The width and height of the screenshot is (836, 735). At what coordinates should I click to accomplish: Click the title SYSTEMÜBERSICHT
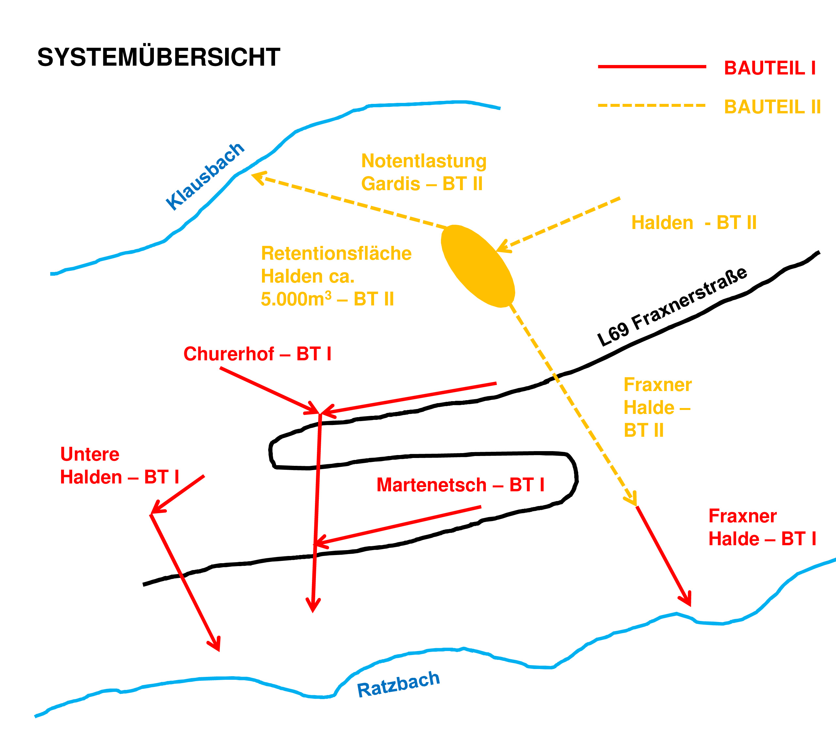(x=159, y=57)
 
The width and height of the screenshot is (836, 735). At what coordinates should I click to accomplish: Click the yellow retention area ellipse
(x=478, y=266)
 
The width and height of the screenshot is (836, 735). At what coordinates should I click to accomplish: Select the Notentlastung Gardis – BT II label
(x=424, y=172)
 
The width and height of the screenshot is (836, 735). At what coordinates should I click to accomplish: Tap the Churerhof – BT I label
(x=257, y=354)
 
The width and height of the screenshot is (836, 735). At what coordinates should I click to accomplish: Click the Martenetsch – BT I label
(x=460, y=485)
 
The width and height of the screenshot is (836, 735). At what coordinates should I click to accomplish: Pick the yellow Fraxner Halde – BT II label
(x=657, y=407)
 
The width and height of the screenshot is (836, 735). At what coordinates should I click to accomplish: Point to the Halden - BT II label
(x=694, y=223)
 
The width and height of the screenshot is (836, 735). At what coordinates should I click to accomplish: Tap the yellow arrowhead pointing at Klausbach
(x=258, y=177)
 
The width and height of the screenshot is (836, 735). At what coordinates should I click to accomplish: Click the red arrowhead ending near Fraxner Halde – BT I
(x=686, y=599)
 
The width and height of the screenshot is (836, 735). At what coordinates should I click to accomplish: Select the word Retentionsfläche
(x=336, y=253)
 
